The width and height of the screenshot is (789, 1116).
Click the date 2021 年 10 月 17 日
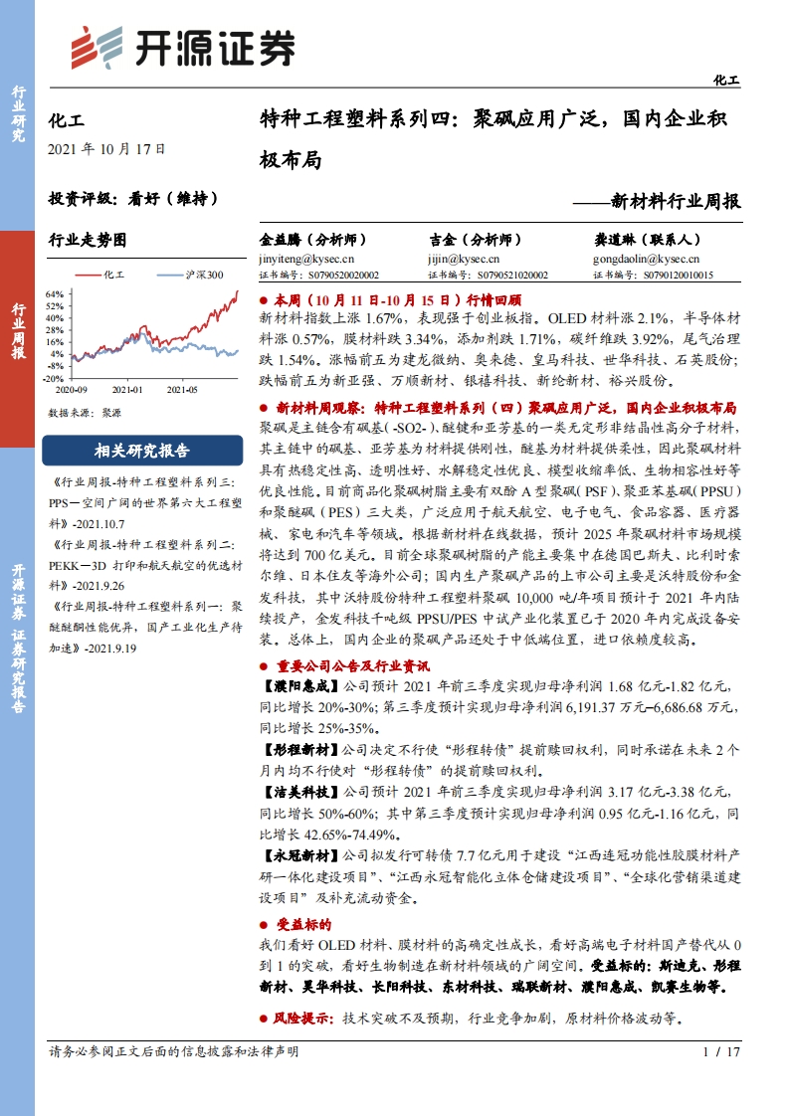coord(106,149)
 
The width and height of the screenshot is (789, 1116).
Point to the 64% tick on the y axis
coord(56,294)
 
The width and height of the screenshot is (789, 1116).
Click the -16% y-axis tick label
coord(55,378)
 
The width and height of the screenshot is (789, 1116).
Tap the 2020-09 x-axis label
coord(73,390)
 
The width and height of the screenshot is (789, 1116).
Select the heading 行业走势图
coord(89,240)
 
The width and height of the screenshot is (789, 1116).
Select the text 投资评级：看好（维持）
coord(132,197)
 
